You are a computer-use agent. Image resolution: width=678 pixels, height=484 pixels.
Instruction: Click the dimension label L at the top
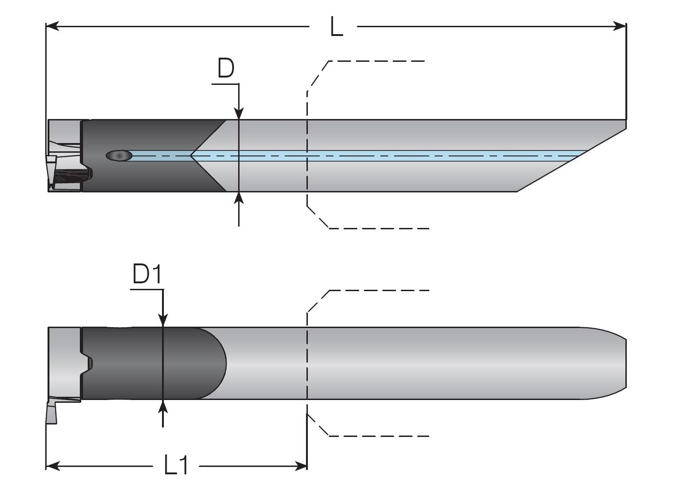click(x=336, y=27)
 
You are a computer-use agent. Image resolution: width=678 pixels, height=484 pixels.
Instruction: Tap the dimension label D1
click(x=147, y=275)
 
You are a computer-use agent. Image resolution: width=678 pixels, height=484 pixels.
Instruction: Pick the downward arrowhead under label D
click(x=239, y=114)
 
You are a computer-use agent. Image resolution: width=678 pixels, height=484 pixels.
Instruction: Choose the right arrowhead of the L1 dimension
click(x=301, y=466)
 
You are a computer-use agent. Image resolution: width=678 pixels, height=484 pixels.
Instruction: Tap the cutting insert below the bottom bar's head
click(x=51, y=412)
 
